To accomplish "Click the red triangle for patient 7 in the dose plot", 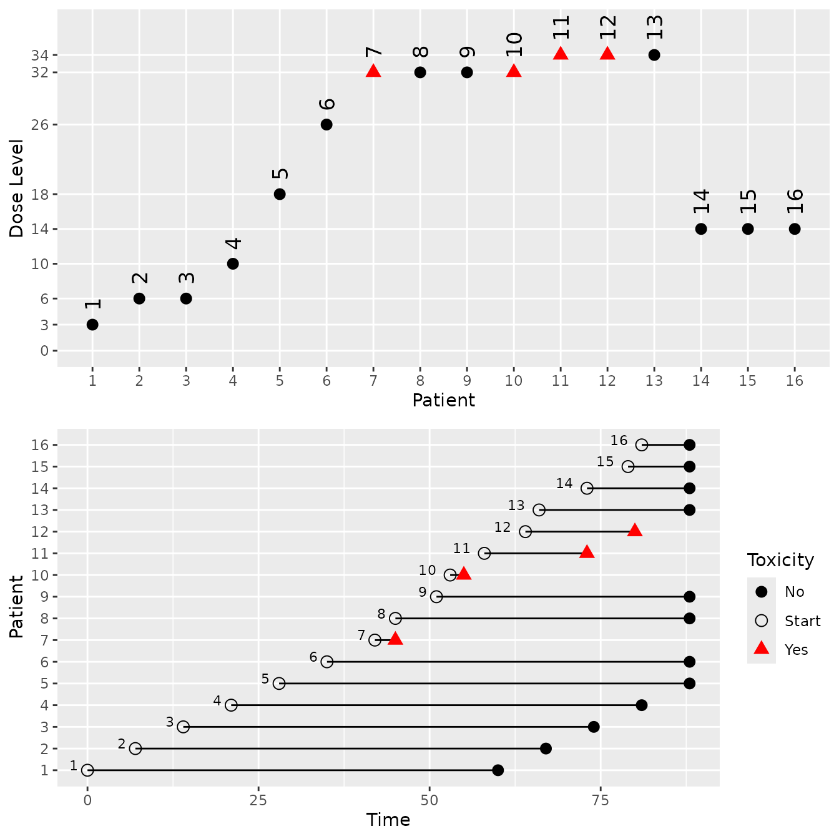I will click(373, 71).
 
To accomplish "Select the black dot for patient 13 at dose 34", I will click(654, 55).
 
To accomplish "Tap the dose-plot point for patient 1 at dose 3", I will click(92, 325).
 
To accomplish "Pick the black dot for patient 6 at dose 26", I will click(326, 125).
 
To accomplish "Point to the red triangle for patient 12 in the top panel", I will click(607, 54).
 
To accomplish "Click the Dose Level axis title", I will click(17, 189).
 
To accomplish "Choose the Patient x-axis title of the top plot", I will click(443, 400).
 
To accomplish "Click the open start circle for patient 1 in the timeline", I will click(87, 770).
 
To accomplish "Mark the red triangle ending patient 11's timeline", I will click(587, 552).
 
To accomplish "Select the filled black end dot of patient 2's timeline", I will click(546, 748).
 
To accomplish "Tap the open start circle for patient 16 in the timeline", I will click(642, 445).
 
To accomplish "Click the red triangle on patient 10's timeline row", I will click(464, 574).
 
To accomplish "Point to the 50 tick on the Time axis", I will click(429, 800).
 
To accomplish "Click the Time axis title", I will click(388, 820).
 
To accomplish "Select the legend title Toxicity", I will click(780, 560).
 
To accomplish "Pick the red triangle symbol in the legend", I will click(761, 649).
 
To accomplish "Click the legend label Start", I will click(802, 621).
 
